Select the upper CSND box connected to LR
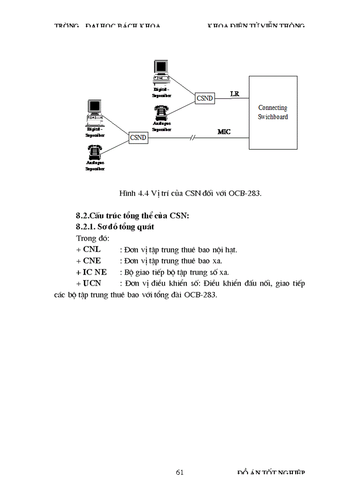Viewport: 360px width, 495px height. tap(205, 98)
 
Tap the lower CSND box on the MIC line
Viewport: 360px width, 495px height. tap(138, 138)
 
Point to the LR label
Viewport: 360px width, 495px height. tap(235, 93)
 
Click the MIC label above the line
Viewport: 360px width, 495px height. tap(224, 131)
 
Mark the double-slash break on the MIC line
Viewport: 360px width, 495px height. tap(192, 138)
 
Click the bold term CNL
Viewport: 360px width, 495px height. tap(92, 249)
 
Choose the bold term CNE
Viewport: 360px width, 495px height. tap(92, 261)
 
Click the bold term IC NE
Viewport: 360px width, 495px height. tap(95, 272)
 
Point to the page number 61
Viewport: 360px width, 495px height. tap(180, 473)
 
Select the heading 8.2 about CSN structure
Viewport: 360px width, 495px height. tap(132, 216)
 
